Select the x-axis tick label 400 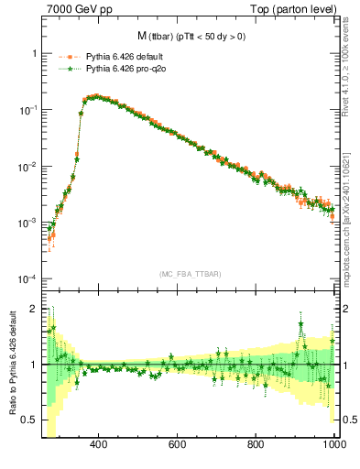[x=99, y=444]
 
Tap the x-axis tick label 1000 [x=333, y=444]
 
